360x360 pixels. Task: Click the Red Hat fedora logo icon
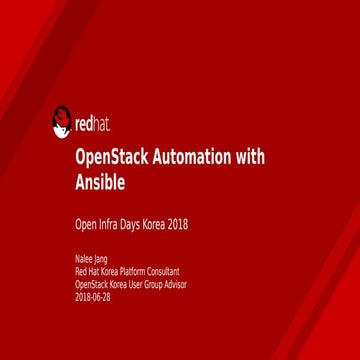62,123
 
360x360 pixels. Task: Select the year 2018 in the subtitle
177,224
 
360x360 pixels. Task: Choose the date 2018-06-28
93,296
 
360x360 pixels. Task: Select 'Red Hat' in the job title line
84,271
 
